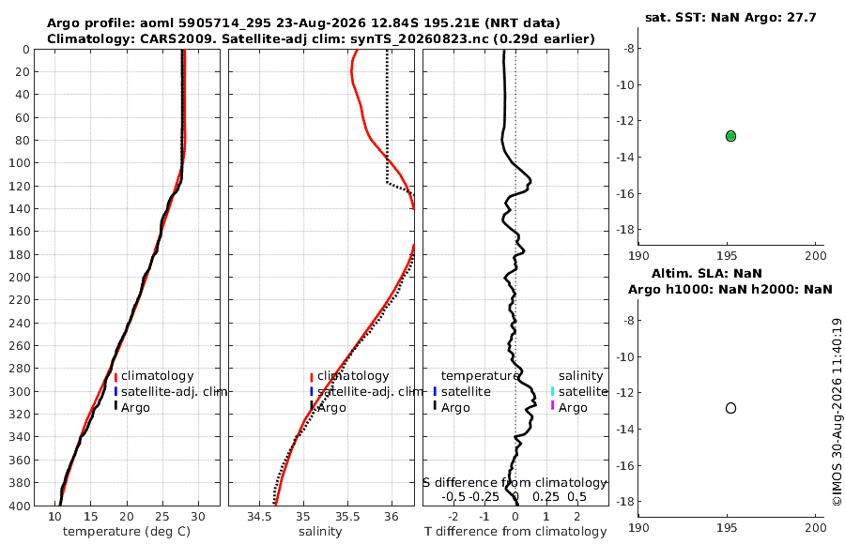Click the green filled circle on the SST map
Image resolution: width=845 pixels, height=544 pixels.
(730, 136)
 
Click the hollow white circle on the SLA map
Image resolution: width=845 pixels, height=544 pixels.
(730, 408)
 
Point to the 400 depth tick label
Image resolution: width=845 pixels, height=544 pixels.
(20, 506)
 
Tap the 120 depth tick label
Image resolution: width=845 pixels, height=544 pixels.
(20, 186)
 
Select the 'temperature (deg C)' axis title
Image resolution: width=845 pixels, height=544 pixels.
(127, 532)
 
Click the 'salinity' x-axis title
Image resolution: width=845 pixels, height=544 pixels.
(320, 532)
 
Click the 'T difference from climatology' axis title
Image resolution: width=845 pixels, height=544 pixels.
(515, 532)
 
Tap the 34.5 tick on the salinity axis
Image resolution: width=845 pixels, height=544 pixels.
(259, 517)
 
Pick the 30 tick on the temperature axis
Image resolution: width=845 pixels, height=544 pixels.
(198, 517)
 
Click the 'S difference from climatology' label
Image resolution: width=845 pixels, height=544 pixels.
(515, 483)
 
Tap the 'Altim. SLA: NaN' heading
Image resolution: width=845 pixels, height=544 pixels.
(706, 274)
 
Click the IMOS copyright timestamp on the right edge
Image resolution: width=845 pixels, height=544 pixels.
(837, 412)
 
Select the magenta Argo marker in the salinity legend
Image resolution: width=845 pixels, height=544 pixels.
(552, 405)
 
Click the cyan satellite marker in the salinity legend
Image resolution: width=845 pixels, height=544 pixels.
(552, 391)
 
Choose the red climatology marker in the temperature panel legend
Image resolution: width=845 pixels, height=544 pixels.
(115, 377)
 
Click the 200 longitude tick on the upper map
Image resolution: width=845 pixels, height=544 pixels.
(815, 255)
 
